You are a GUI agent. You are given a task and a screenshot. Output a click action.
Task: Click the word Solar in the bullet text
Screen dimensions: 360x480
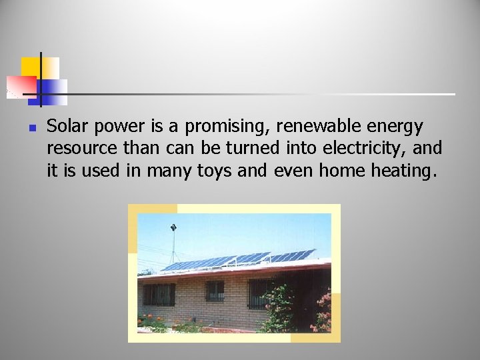[x=65, y=126]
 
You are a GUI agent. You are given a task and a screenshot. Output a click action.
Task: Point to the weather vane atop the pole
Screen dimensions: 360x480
[x=173, y=228]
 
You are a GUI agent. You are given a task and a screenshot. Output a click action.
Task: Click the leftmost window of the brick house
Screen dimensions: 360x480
[x=159, y=294]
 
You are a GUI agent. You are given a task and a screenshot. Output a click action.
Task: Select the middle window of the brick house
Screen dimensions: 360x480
[x=215, y=291]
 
